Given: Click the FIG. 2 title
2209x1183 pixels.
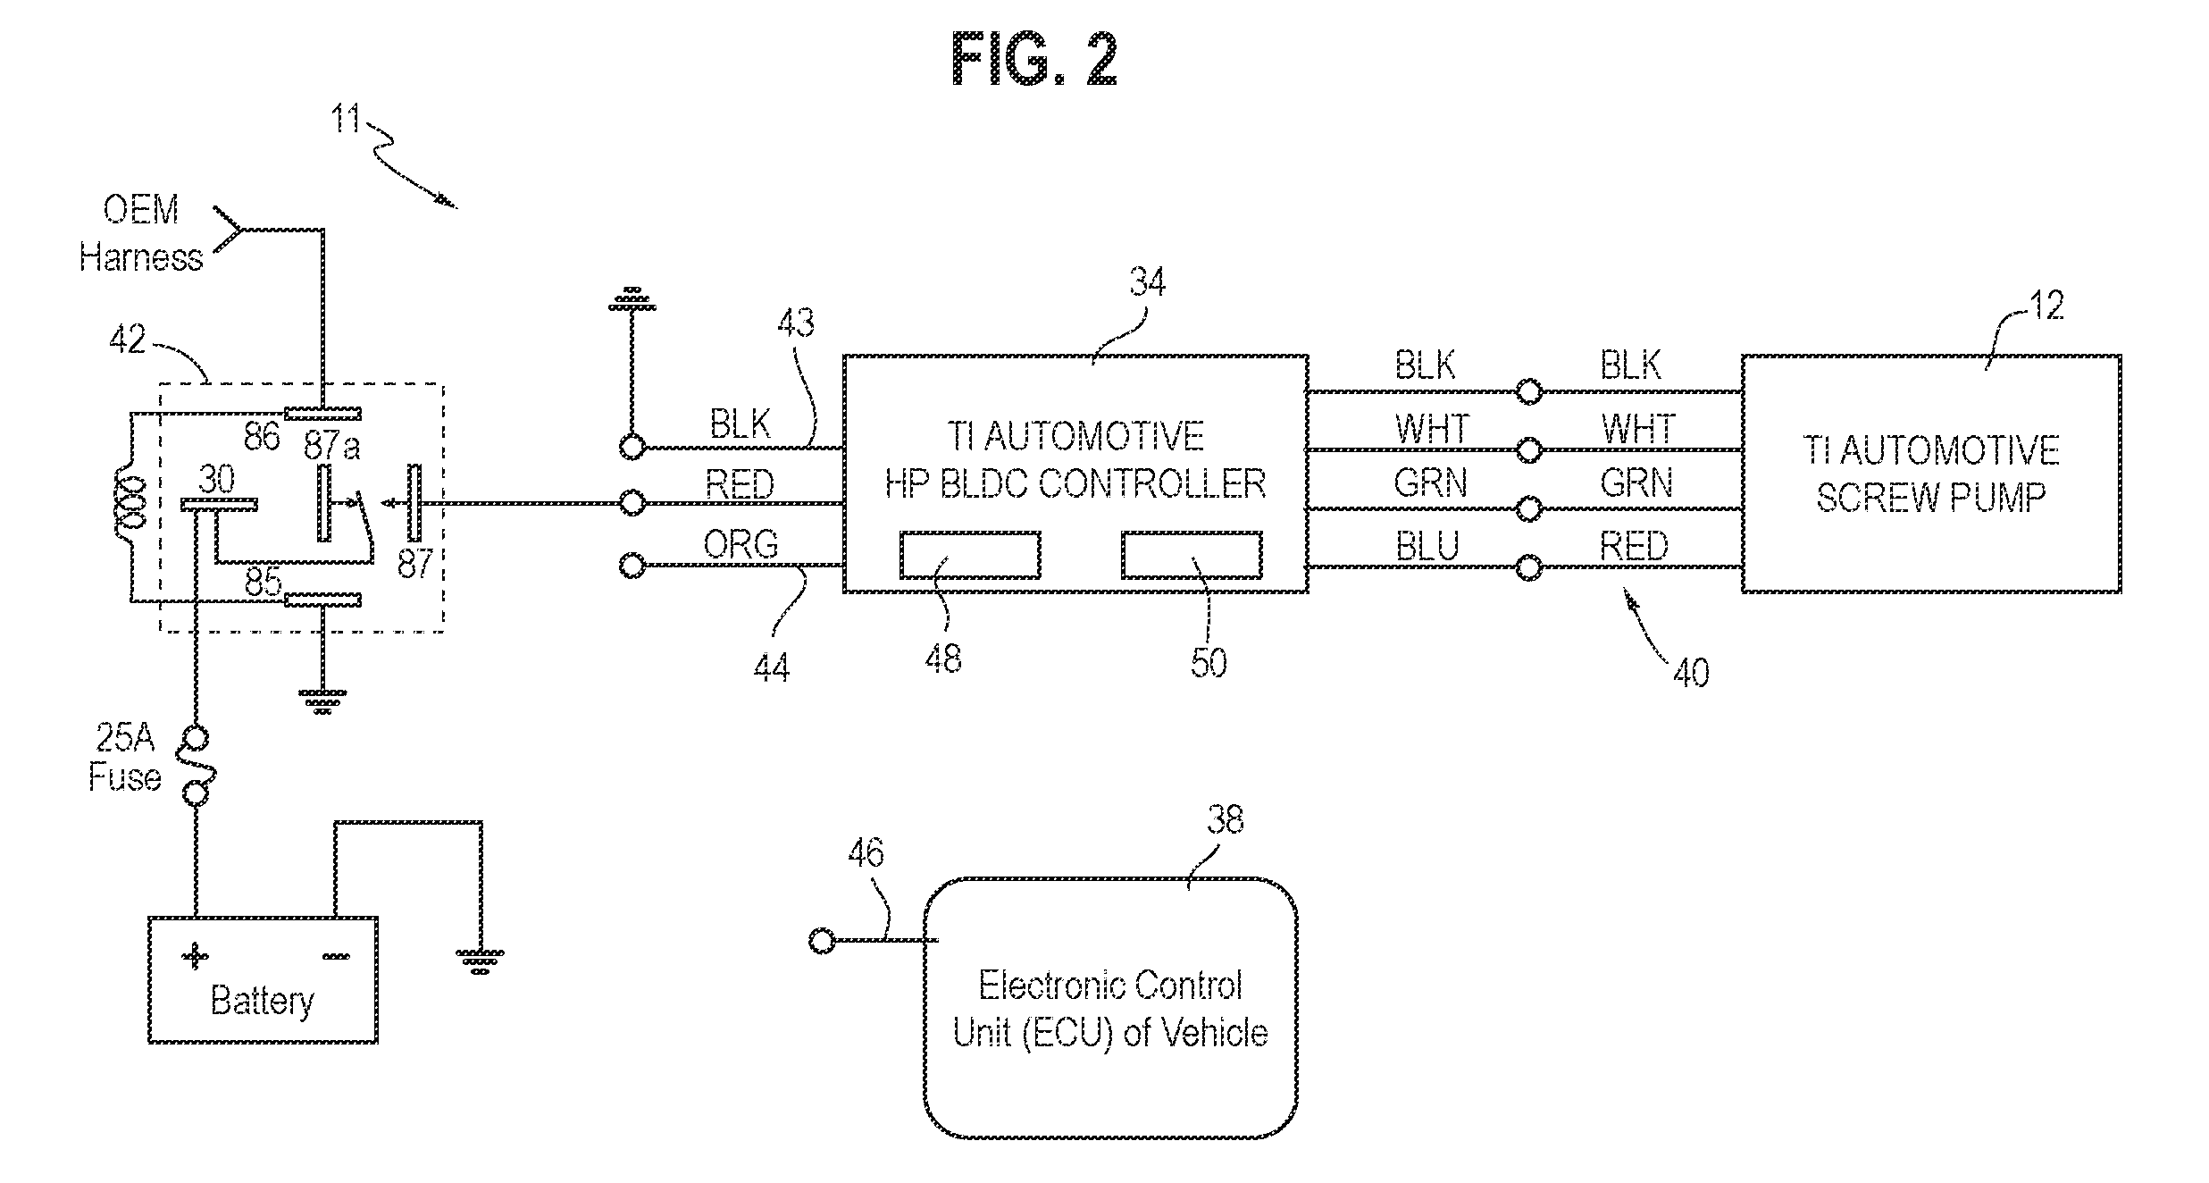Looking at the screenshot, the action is pyautogui.click(x=1033, y=59).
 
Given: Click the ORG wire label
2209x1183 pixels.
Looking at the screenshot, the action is pyautogui.click(x=741, y=544).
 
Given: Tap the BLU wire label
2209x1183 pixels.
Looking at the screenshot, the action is pyautogui.click(x=1427, y=546).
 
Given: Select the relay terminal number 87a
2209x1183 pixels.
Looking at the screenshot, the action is pyautogui.click(x=331, y=445).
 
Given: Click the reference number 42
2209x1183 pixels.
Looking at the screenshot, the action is pyautogui.click(x=127, y=340).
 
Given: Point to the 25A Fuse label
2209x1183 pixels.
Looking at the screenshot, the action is pyautogui.click(x=125, y=758).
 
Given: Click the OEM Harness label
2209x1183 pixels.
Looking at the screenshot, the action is pyautogui.click(x=141, y=234).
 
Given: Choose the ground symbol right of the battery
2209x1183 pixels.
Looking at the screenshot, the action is pyautogui.click(x=480, y=962).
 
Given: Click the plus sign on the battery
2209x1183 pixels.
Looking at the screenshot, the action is pyautogui.click(x=195, y=957).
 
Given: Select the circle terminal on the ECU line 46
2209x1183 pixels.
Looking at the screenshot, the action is pyautogui.click(x=822, y=940).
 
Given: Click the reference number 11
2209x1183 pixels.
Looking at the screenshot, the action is pyautogui.click(x=347, y=119).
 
